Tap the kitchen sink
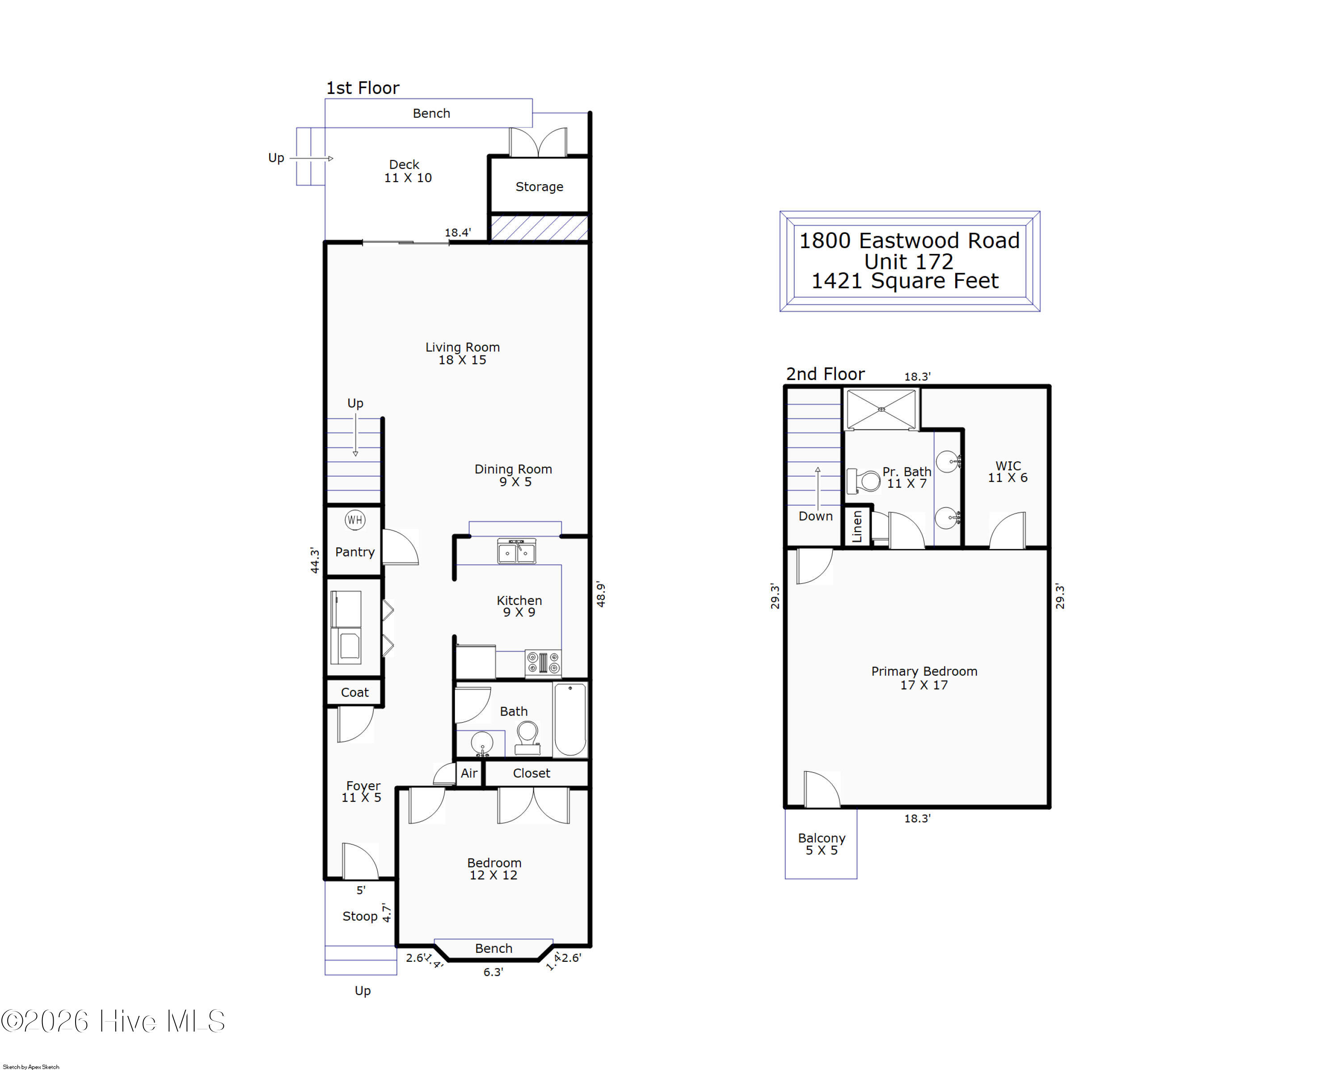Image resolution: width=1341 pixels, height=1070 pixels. click(x=516, y=552)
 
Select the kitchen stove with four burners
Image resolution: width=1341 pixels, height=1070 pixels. click(x=543, y=663)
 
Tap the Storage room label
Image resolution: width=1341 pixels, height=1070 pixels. click(x=539, y=186)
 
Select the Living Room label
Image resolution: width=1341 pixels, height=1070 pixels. click(x=462, y=347)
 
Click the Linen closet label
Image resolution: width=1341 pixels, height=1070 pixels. click(x=857, y=526)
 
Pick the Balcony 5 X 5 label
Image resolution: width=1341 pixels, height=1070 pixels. click(x=821, y=844)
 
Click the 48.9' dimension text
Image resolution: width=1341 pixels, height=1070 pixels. click(x=601, y=594)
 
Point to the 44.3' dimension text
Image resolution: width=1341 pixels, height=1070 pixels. click(x=315, y=560)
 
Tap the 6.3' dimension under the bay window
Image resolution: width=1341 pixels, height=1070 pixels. click(x=493, y=972)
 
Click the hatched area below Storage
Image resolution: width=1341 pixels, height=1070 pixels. click(x=539, y=228)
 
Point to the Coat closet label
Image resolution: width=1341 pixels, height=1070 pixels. click(x=354, y=692)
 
